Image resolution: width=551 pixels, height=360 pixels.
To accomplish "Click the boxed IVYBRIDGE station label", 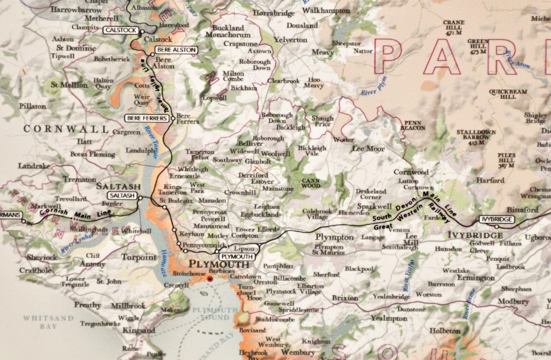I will click(x=496, y=219).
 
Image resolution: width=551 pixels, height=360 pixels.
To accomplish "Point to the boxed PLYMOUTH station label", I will click(x=236, y=257).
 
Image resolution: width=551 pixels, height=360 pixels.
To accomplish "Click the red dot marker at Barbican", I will click(x=209, y=279).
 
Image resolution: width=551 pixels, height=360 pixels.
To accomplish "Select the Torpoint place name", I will click(x=139, y=258).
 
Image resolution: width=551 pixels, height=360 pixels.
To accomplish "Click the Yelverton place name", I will click(x=290, y=40).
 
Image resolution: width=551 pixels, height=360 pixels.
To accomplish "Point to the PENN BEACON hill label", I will click(x=414, y=125).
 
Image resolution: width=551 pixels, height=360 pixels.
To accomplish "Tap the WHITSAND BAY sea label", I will click(x=49, y=322).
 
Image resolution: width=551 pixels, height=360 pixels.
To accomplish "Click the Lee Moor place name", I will click(x=368, y=149).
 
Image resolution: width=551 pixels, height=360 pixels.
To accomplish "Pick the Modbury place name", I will click(x=513, y=301).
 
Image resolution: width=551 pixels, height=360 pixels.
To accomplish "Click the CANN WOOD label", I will click(x=311, y=183).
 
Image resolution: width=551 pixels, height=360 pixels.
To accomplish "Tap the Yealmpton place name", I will click(x=389, y=318).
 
